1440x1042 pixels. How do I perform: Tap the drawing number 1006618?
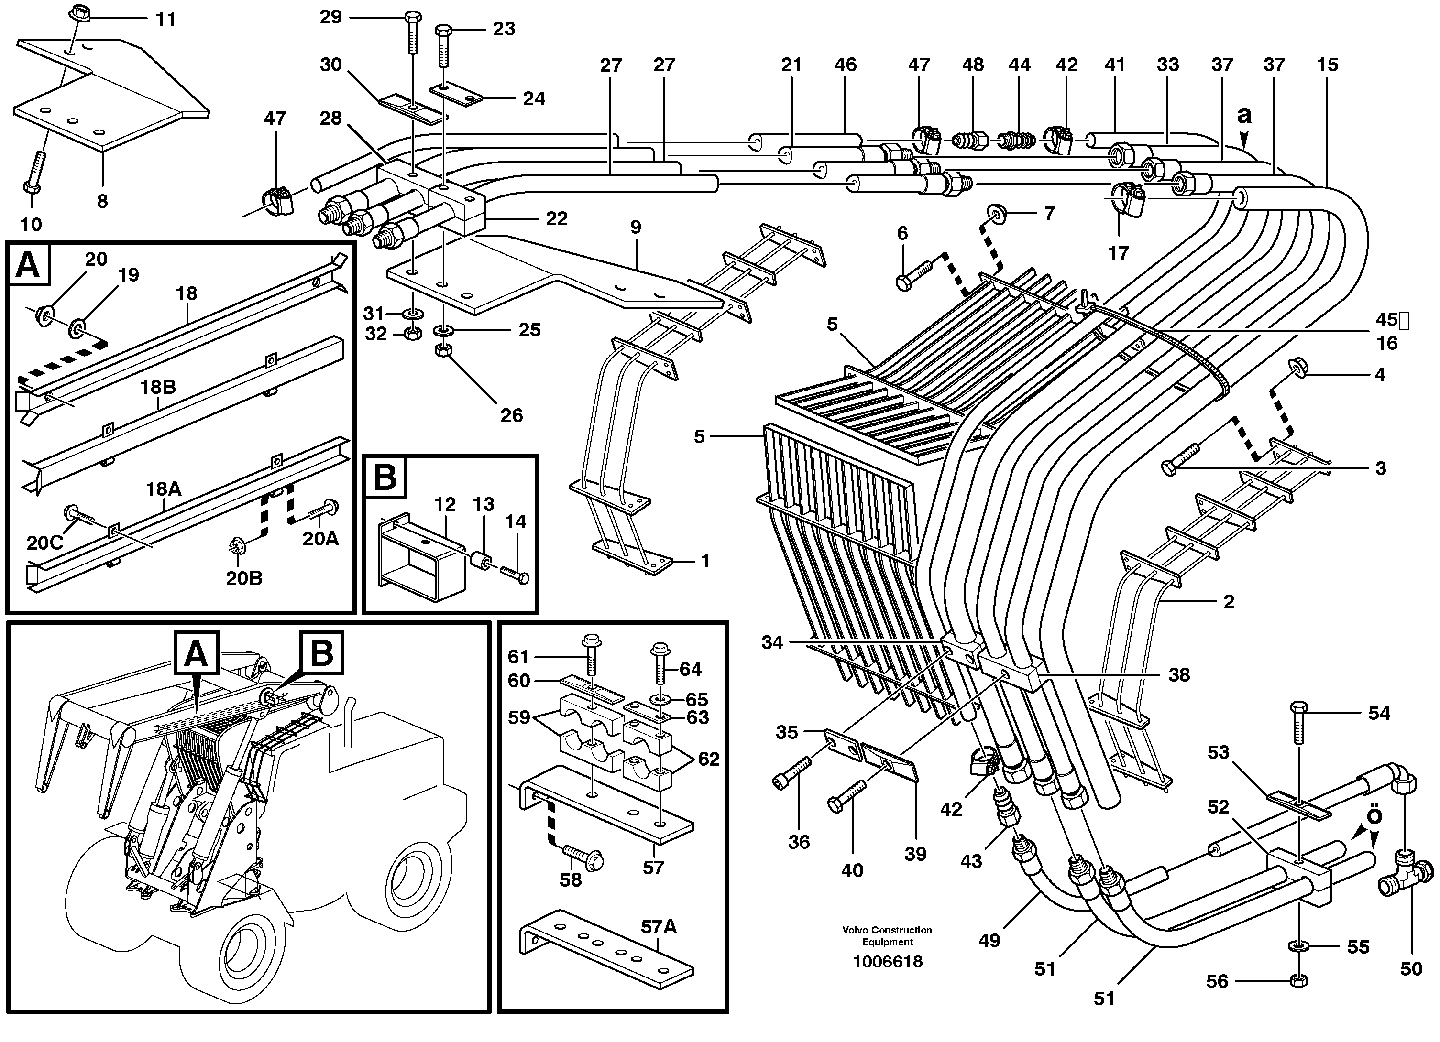pyautogui.click(x=887, y=961)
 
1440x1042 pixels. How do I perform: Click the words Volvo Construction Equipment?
pyautogui.click(x=887, y=935)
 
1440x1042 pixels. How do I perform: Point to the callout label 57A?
pyautogui.click(x=659, y=927)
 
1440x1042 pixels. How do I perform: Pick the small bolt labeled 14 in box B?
pyautogui.click(x=514, y=573)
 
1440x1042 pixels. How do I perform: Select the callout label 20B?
pyautogui.click(x=244, y=578)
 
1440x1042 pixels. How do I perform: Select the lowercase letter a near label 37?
pyautogui.click(x=1244, y=116)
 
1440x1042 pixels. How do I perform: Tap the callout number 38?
pyautogui.click(x=1178, y=674)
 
